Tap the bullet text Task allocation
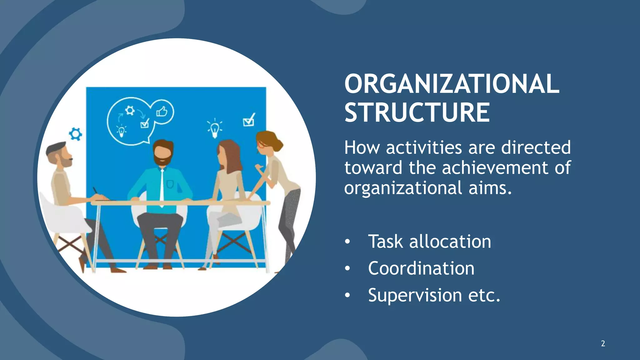tap(429, 242)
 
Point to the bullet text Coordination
tap(421, 268)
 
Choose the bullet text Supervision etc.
tap(434, 295)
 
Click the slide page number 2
tap(603, 343)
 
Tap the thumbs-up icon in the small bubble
tap(162, 111)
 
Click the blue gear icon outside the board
tap(75, 134)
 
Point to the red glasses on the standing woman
tap(261, 144)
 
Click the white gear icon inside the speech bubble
tap(130, 110)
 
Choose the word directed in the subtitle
tap(536, 147)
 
